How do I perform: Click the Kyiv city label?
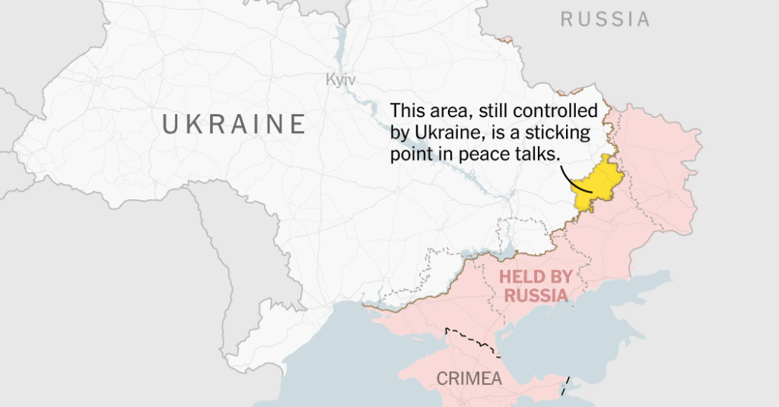point(340,80)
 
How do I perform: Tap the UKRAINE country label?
point(234,123)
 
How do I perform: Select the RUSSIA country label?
point(606,20)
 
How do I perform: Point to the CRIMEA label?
point(469,378)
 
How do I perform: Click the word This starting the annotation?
point(405,111)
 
